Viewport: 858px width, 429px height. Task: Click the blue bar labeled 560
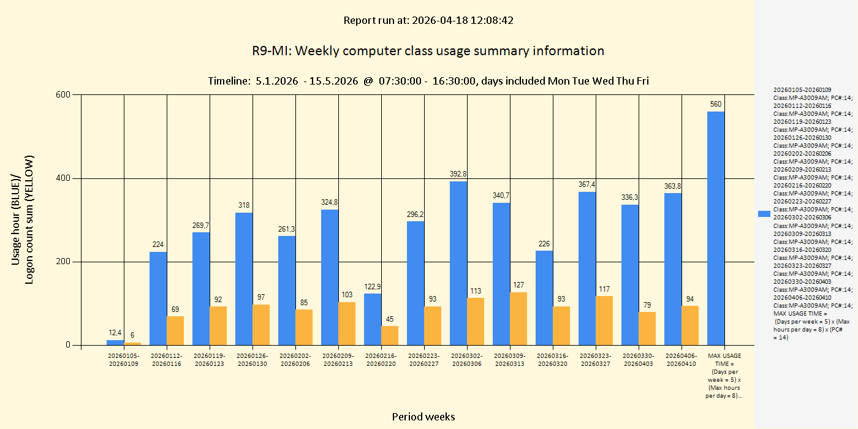tap(716, 228)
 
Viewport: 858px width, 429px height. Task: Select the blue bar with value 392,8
tap(458, 263)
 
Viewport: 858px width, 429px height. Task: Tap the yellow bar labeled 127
tap(518, 319)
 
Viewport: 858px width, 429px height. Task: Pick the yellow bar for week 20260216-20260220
tap(390, 335)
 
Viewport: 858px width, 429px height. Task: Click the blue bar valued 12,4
tap(115, 343)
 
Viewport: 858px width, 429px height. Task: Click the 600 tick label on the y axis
tap(64, 95)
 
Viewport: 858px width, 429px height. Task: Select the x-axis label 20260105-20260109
tap(124, 360)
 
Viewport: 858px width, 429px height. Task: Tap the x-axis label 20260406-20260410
tap(681, 360)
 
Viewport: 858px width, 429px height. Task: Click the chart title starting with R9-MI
tap(428, 51)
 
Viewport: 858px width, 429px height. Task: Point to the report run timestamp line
tap(428, 20)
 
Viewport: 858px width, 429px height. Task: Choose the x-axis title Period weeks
tap(423, 417)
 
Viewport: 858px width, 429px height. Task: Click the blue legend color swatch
tap(764, 213)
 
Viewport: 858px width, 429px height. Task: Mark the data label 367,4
tap(587, 184)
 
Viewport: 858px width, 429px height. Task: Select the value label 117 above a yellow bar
tap(604, 289)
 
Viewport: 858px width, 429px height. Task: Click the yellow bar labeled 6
tap(132, 343)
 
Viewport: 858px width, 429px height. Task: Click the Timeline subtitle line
tap(428, 81)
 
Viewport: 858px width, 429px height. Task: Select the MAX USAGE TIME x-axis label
tap(724, 376)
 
